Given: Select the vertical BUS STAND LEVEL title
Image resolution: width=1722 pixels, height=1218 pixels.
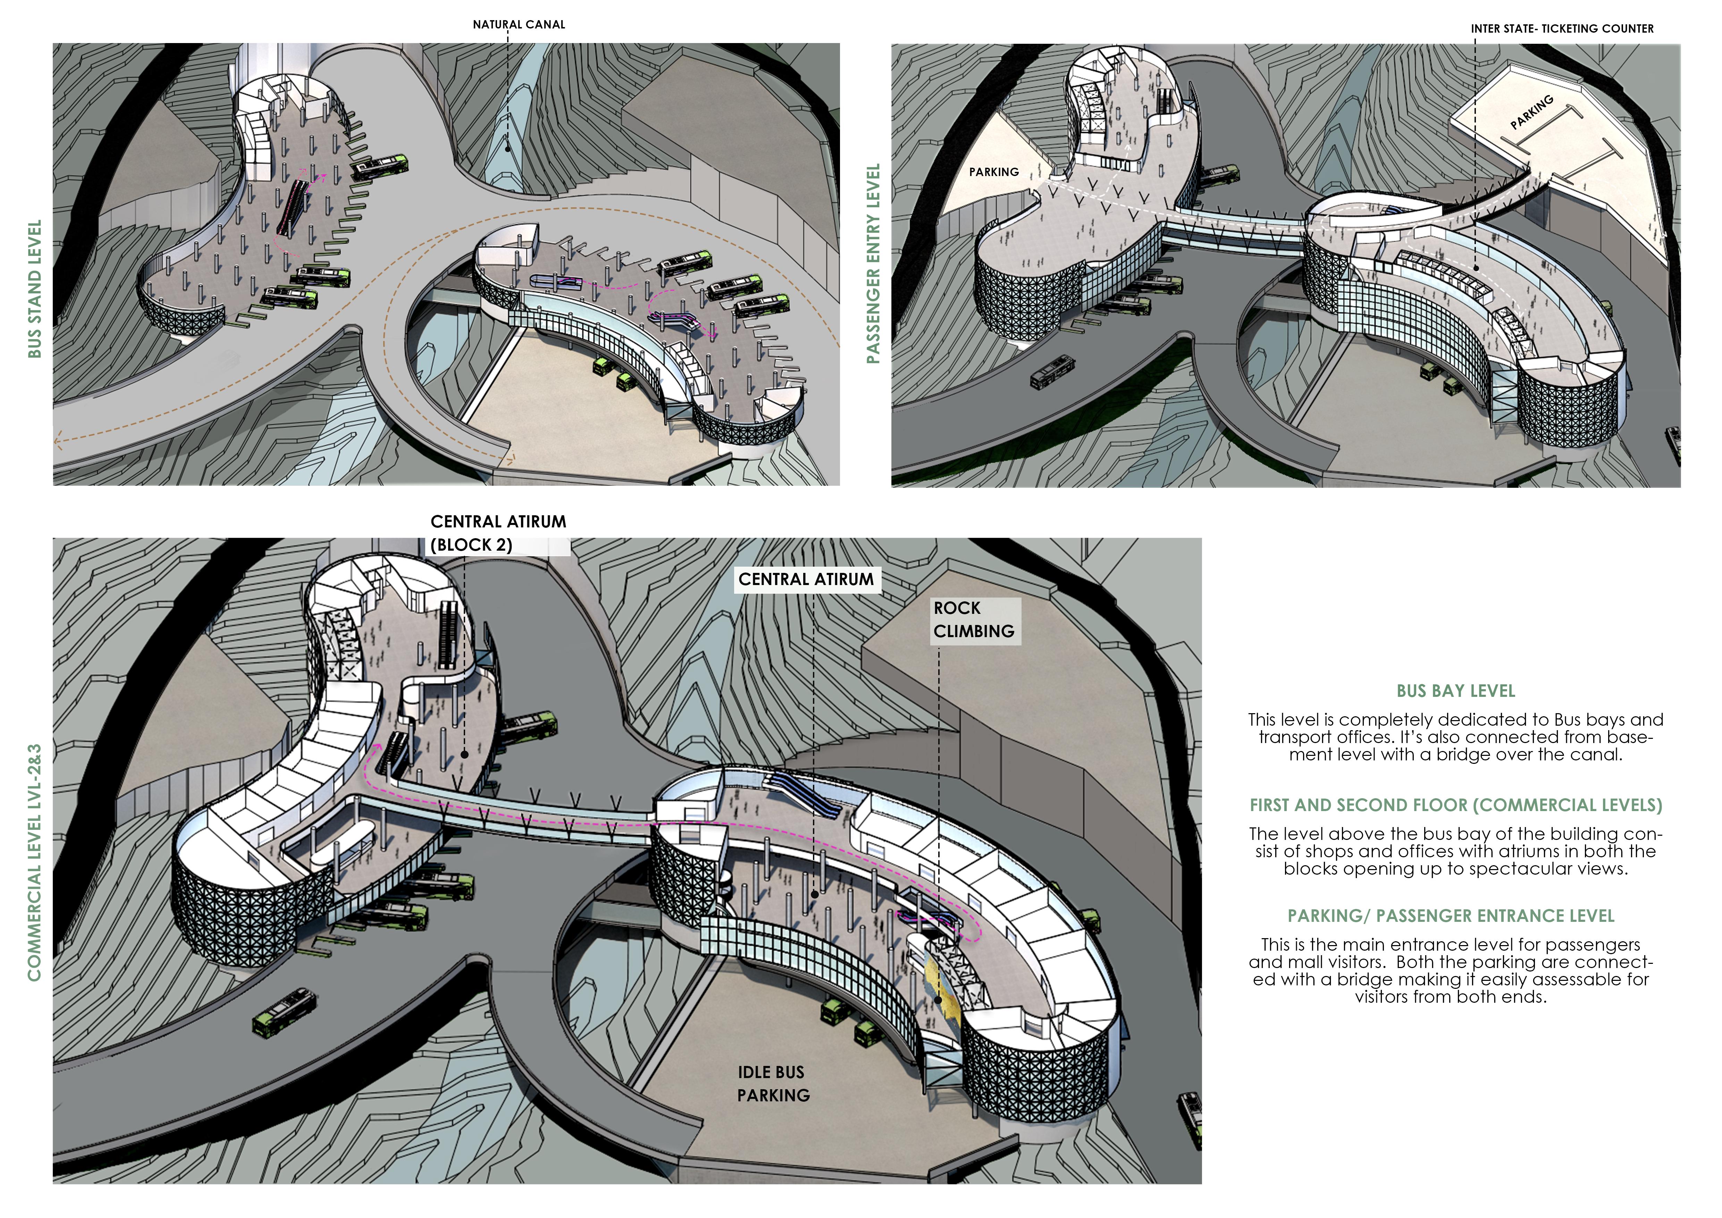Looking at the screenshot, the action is point(34,289).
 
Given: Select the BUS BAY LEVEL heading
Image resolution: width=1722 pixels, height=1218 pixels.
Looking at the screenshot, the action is point(1455,691).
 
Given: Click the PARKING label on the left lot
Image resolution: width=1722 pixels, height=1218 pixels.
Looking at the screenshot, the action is point(994,172).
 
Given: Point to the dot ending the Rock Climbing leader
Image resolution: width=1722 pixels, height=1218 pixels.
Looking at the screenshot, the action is point(938,1000).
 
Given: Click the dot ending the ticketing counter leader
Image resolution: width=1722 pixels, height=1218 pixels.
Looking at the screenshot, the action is point(1475,268).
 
